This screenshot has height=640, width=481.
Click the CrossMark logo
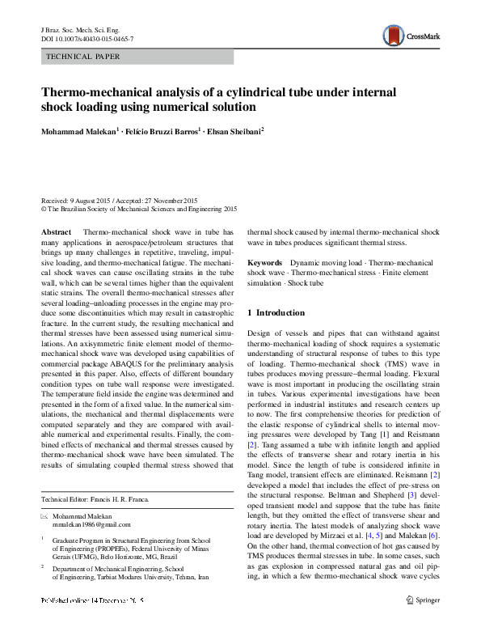[x=411, y=36]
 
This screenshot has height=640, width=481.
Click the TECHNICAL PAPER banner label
[x=84, y=57]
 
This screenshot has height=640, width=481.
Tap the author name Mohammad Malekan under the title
[x=78, y=132]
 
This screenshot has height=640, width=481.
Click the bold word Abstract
[x=56, y=231]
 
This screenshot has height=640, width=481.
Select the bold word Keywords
[x=264, y=264]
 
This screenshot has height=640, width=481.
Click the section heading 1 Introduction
[x=281, y=312]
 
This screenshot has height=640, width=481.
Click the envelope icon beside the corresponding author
[x=45, y=516]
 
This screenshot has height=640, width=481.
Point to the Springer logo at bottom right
[x=424, y=623]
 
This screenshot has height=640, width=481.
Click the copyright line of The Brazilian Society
[x=137, y=208]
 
